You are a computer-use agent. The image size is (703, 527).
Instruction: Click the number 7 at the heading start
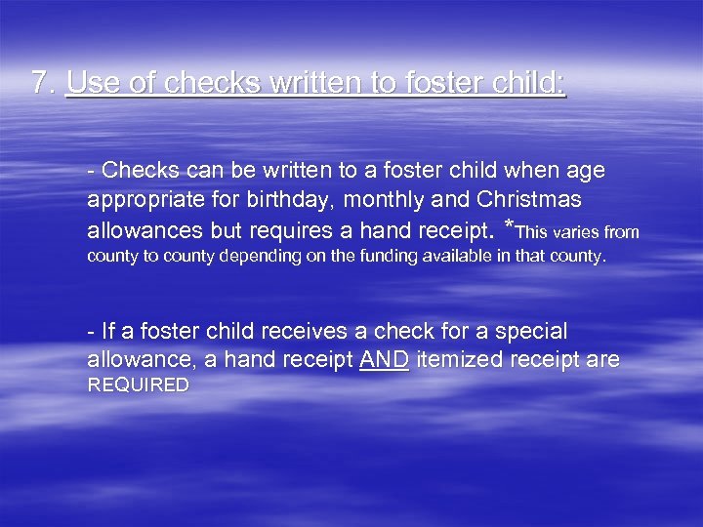(39, 83)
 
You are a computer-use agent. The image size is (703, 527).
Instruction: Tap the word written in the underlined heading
(314, 83)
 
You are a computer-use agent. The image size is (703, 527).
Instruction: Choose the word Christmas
(530, 201)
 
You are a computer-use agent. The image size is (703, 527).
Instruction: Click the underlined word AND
(385, 360)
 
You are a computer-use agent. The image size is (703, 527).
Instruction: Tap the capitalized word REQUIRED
(139, 385)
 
